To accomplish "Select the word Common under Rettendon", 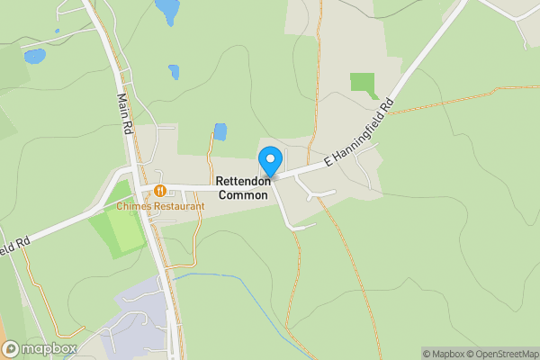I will click(243, 194).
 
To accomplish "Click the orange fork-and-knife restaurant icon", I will click(159, 190).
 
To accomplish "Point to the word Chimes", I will click(133, 206).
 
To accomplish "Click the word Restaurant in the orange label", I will click(177, 206).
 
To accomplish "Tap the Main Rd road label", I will click(125, 110).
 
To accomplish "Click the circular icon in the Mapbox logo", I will click(11, 348).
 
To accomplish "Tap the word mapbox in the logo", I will click(49, 348).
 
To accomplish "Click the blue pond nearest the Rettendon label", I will click(220, 132).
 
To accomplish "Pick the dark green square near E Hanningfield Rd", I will click(363, 85).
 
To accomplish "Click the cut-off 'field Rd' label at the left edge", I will click(14, 245).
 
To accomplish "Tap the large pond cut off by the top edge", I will click(166, 10).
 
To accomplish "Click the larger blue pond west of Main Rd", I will click(34, 56).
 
